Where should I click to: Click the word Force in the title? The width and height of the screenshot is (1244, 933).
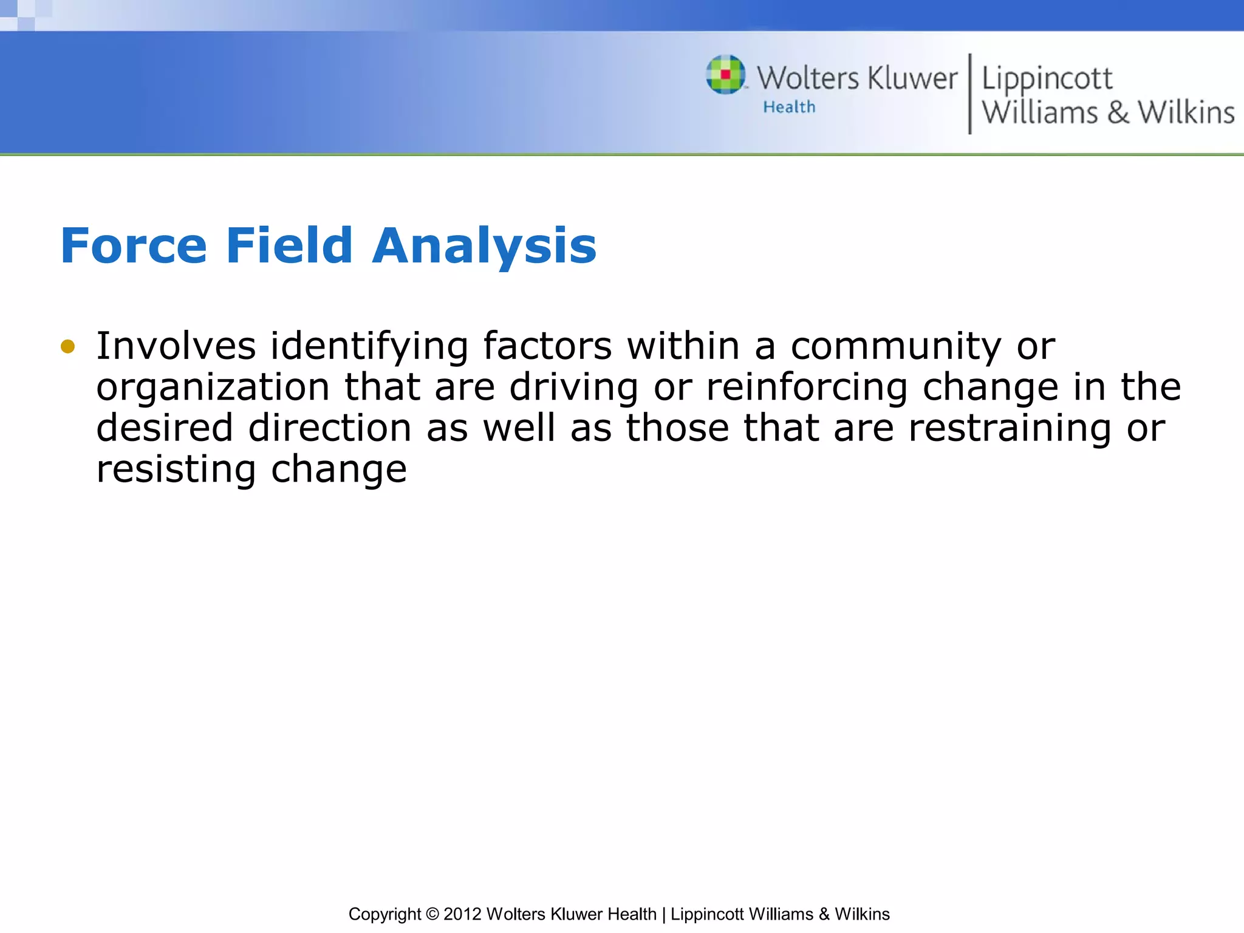click(134, 246)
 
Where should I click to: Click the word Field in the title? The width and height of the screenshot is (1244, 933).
click(289, 246)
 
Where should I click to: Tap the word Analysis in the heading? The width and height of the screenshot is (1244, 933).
click(484, 246)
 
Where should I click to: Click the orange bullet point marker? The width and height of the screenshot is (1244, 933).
click(67, 347)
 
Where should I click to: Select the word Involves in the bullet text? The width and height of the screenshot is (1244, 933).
click(176, 346)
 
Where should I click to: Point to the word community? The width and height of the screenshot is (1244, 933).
click(896, 347)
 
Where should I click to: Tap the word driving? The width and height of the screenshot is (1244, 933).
click(573, 388)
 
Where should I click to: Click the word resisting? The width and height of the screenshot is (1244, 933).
click(176, 470)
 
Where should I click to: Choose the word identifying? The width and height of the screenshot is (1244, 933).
click(369, 347)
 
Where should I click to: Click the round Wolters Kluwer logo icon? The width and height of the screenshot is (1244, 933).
click(725, 75)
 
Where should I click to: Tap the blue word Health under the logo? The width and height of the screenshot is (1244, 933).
click(789, 108)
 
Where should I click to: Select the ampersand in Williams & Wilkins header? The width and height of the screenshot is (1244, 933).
click(1118, 113)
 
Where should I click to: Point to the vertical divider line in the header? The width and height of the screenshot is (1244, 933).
click(969, 94)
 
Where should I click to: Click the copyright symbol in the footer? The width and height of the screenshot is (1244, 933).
click(432, 914)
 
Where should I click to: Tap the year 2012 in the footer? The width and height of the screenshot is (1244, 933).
click(463, 914)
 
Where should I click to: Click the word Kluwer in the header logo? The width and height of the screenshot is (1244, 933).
click(912, 79)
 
